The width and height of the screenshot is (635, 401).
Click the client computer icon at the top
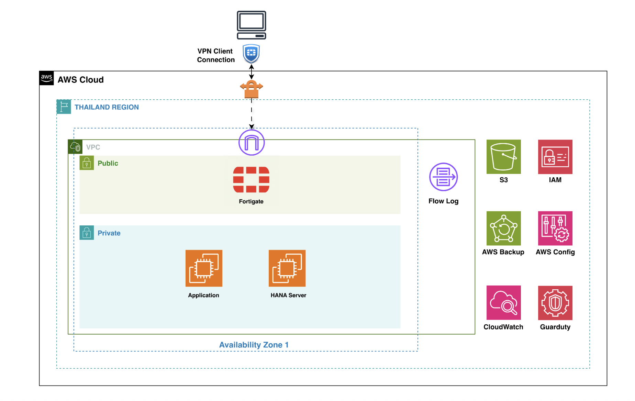(x=251, y=25)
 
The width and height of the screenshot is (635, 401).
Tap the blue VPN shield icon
(x=251, y=54)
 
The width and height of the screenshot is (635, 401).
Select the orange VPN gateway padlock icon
(x=251, y=89)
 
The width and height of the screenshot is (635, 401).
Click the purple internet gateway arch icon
(x=252, y=143)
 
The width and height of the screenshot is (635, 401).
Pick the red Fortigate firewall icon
(x=251, y=179)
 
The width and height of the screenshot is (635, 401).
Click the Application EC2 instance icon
(x=204, y=268)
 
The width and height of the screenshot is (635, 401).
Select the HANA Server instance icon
(x=287, y=268)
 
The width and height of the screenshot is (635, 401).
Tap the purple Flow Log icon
(x=443, y=177)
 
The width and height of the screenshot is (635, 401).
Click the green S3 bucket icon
(x=503, y=157)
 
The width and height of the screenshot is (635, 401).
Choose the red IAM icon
(x=555, y=157)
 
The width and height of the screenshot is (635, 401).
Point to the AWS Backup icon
(x=503, y=228)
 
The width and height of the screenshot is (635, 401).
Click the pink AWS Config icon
(x=555, y=228)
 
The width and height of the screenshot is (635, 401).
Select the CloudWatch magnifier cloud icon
(x=503, y=303)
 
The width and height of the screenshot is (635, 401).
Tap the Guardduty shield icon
(x=555, y=303)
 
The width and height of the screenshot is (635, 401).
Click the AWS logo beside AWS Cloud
(x=46, y=78)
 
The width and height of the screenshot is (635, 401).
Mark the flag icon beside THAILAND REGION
(x=64, y=107)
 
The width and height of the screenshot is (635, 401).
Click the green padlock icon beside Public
(x=87, y=163)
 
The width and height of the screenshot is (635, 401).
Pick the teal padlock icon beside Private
(x=87, y=233)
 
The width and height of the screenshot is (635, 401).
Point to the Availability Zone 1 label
(x=254, y=345)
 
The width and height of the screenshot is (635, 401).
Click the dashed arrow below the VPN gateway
(x=252, y=114)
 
